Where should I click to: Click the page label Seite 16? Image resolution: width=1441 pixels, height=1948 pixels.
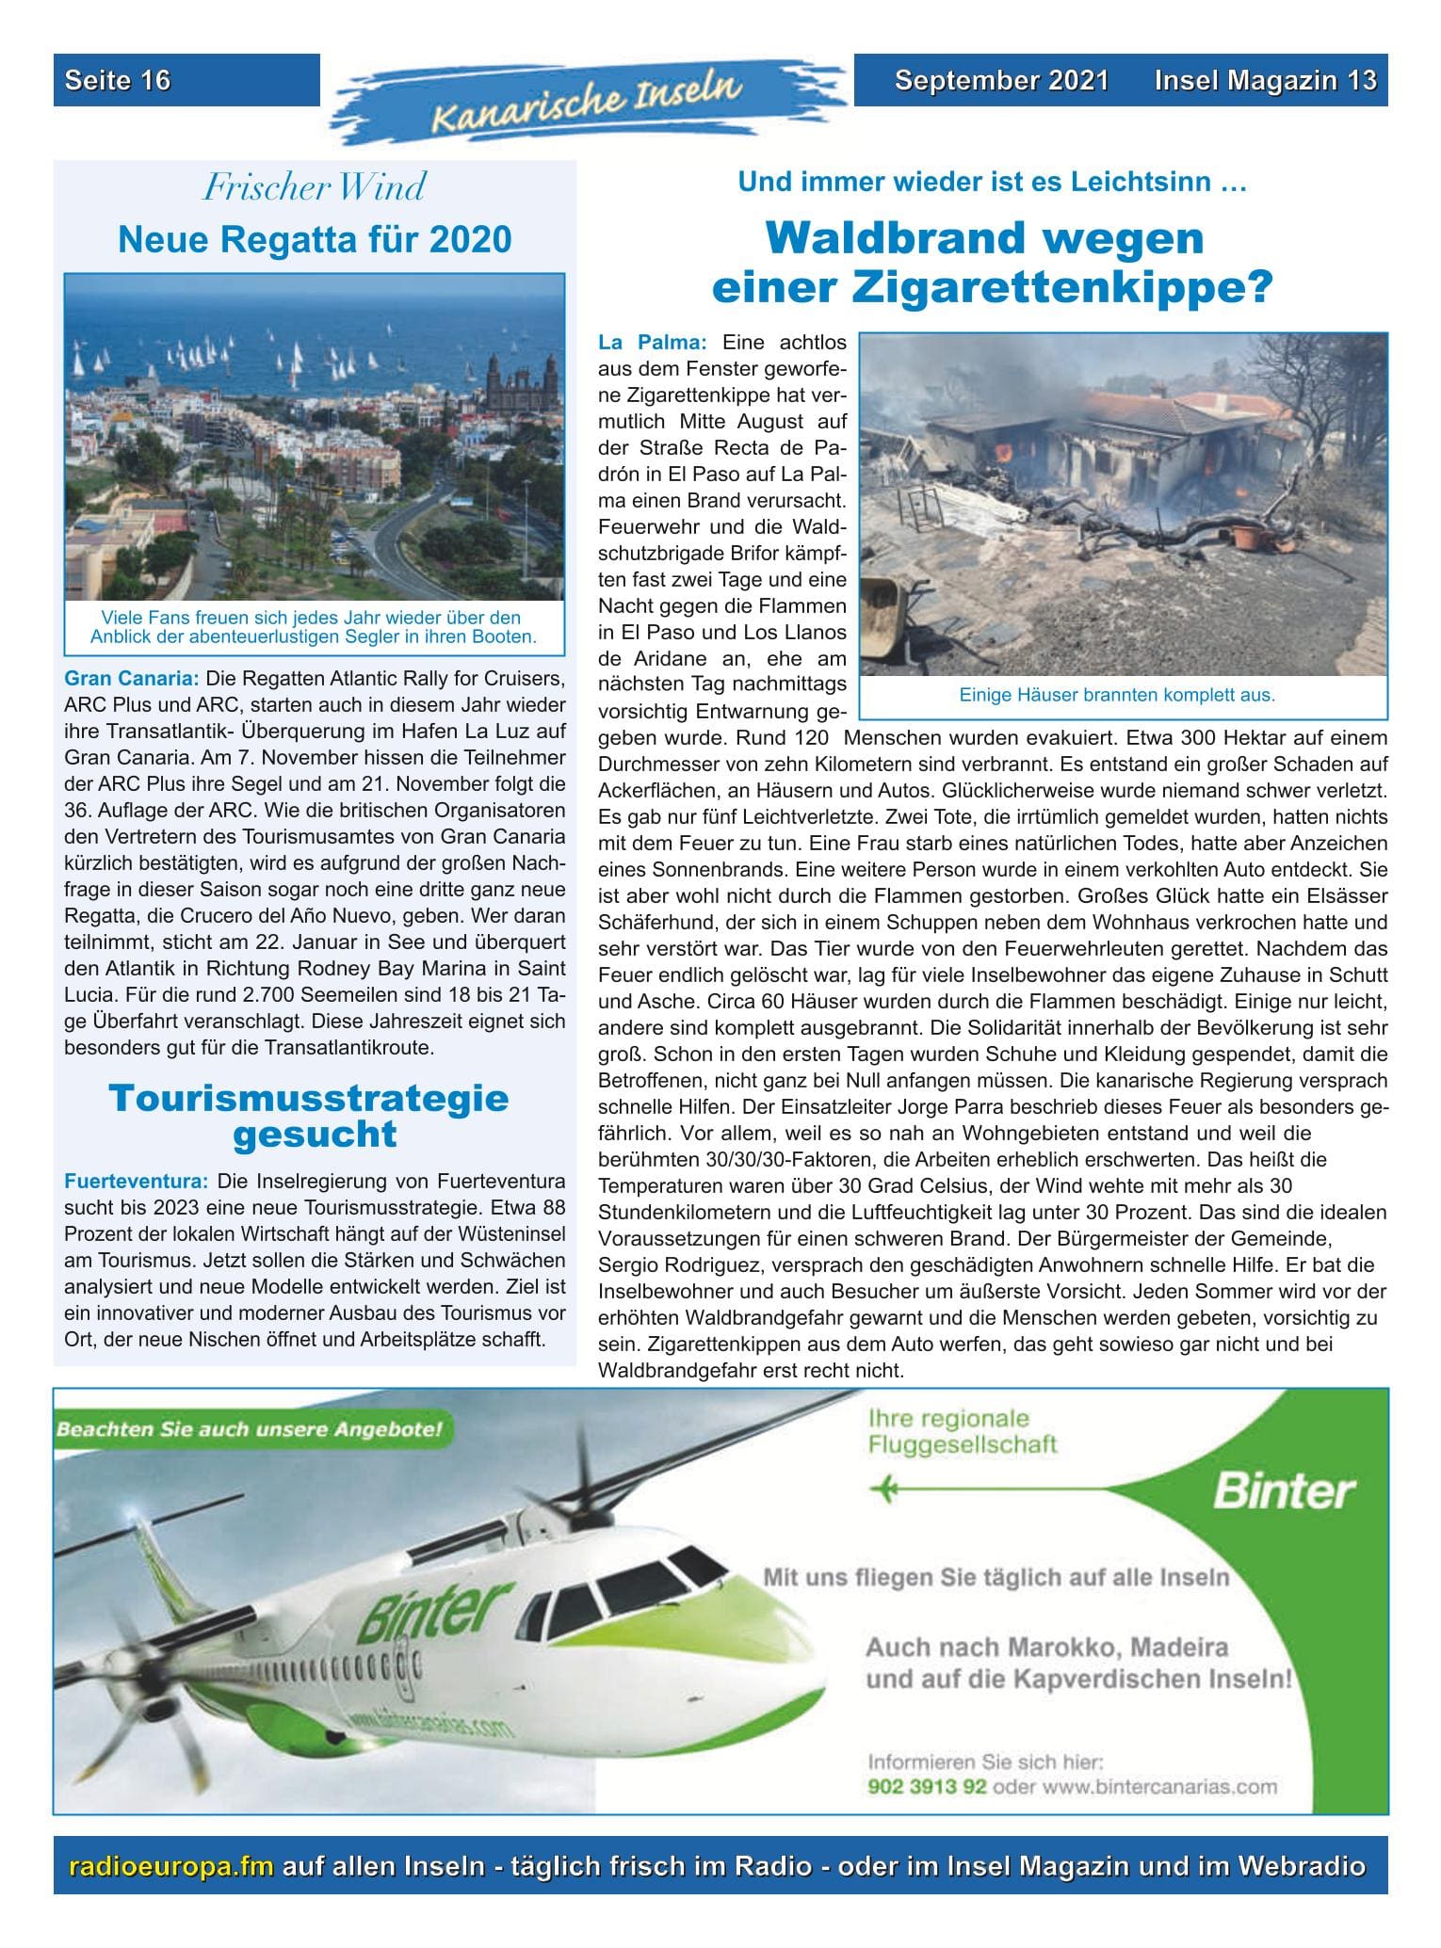118,81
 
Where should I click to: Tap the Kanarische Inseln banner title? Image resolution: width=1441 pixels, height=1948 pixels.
584,103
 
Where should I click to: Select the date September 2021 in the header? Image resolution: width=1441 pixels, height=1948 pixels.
1001,81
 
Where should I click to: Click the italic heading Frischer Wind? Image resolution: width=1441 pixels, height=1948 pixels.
314,187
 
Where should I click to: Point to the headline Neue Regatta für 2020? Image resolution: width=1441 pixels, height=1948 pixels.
314,239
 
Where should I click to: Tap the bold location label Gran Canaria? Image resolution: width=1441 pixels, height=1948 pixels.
132,678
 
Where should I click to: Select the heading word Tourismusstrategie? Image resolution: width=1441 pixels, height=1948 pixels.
308,1098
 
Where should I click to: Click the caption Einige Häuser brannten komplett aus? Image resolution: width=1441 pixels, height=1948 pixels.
1116,696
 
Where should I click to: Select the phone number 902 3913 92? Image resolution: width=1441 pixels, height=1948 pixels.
927,1787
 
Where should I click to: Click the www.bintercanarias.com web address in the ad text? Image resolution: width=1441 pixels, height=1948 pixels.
1158,1787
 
